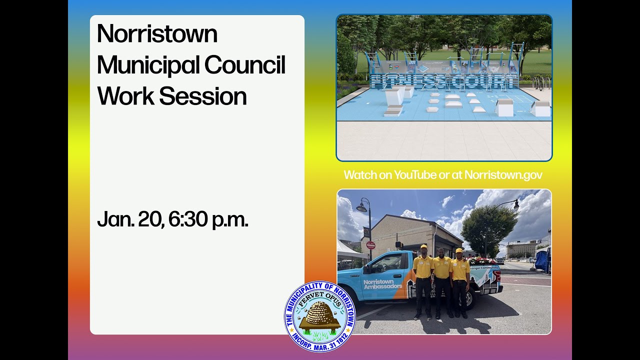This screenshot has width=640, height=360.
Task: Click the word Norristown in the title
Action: pyautogui.click(x=157, y=34)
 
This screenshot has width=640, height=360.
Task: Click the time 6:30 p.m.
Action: pyautogui.click(x=208, y=219)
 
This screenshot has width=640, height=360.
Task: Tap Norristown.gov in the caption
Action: pyautogui.click(x=503, y=175)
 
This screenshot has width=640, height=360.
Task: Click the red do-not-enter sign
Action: pyautogui.click(x=370, y=245)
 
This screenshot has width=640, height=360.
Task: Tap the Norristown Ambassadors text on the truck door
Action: pyautogui.click(x=382, y=284)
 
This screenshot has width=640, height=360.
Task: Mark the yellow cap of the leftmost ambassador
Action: pyautogui.click(x=423, y=246)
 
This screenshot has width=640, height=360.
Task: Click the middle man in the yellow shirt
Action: pyautogui.click(x=441, y=280)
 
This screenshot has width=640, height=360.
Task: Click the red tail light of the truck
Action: pyautogui.click(x=497, y=276)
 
